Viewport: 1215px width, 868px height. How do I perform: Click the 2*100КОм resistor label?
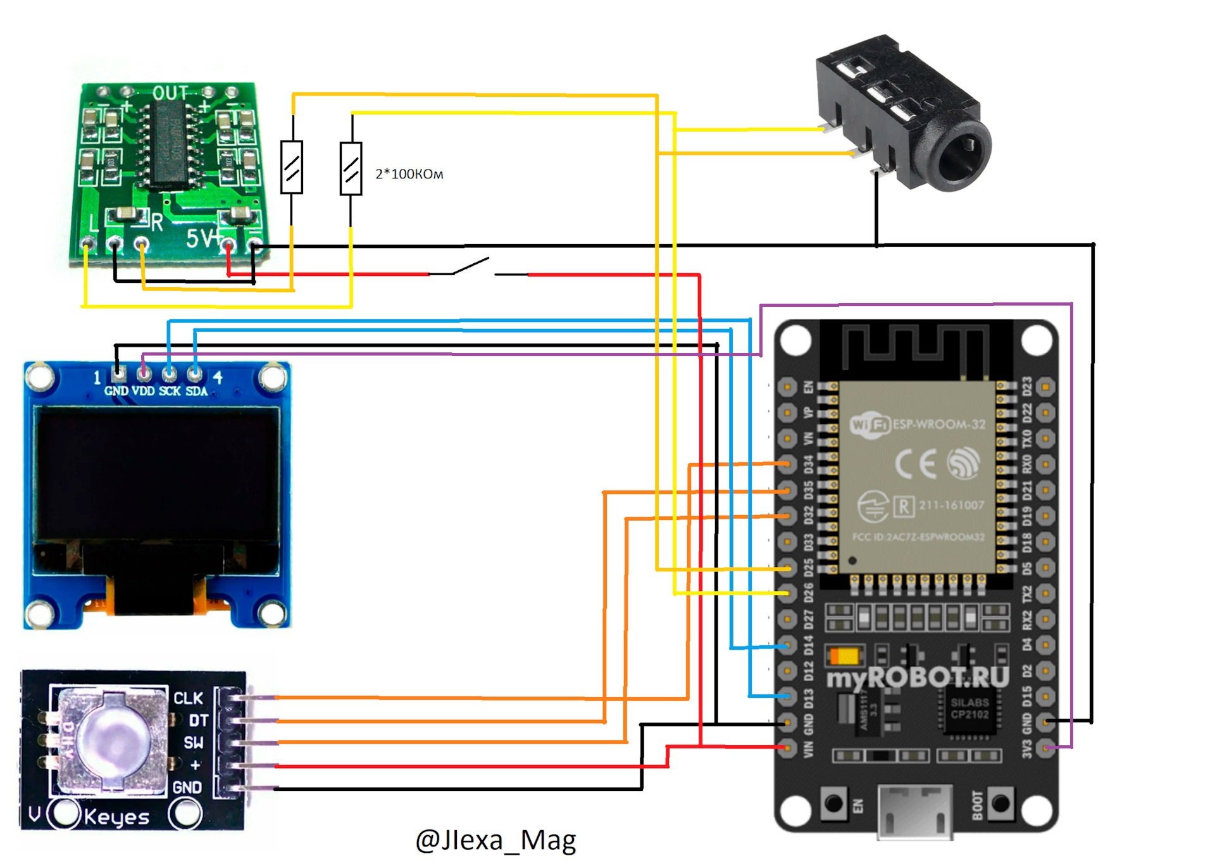pos(409,174)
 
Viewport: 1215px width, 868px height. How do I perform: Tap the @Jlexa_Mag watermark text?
pos(495,840)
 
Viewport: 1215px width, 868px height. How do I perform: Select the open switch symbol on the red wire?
pos(471,267)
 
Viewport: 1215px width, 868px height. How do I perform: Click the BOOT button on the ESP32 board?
pos(1000,803)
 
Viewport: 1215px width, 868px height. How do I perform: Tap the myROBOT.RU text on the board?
pos(918,677)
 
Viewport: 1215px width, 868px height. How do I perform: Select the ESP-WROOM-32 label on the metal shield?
pos(938,425)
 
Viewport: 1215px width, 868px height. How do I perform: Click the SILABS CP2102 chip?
pos(969,709)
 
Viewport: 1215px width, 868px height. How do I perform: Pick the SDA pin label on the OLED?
pos(196,392)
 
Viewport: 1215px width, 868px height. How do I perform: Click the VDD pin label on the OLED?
pos(143,392)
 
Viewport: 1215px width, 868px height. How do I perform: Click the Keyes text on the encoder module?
pos(116,817)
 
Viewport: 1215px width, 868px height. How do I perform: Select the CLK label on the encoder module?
pos(188,698)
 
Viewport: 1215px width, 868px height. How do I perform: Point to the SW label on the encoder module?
pos(193,743)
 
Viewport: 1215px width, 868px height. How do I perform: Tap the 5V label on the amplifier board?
pos(200,239)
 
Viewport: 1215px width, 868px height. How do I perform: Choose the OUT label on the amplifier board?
pos(170,94)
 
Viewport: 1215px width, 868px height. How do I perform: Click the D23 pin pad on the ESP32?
pos(1045,386)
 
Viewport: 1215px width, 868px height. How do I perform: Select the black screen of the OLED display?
pos(158,474)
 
